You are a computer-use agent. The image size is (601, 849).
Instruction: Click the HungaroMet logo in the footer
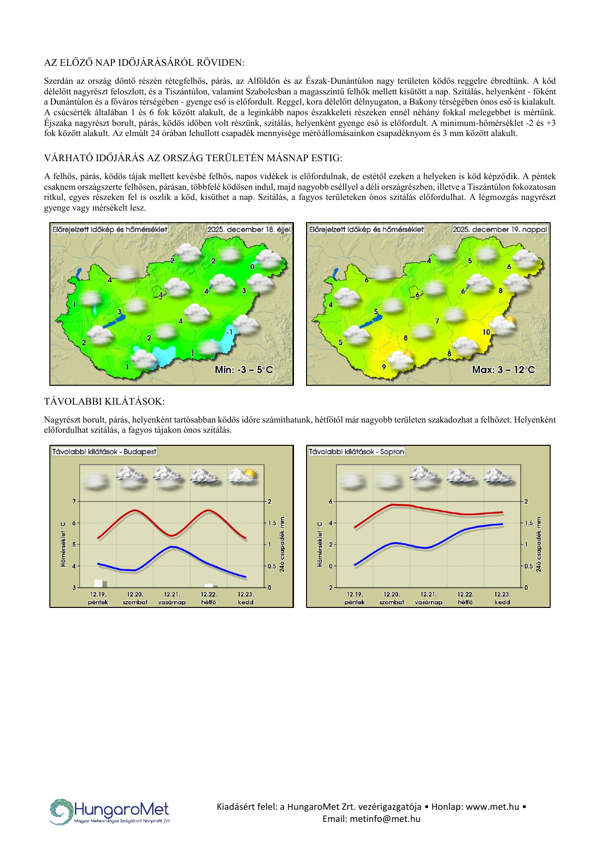pyautogui.click(x=110, y=812)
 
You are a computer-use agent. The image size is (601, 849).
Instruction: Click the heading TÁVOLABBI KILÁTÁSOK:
pyautogui.click(x=104, y=401)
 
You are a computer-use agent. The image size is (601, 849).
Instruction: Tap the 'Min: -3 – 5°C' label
pyautogui.click(x=244, y=370)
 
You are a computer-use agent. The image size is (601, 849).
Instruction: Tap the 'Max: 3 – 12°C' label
pyautogui.click(x=504, y=370)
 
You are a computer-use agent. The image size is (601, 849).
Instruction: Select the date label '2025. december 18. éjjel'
pyautogui.click(x=249, y=229)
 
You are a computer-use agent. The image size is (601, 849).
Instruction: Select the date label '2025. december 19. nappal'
pyautogui.click(x=500, y=229)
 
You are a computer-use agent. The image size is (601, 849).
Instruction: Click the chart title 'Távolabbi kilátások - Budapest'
pyautogui.click(x=105, y=452)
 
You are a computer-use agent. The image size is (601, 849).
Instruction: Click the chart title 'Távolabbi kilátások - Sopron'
pyautogui.click(x=356, y=452)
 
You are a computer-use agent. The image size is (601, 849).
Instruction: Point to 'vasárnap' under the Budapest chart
pyautogui.click(x=172, y=602)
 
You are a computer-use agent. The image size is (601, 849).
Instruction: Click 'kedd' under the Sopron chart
pyautogui.click(x=502, y=602)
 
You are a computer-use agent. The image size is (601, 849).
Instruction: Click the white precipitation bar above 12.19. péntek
pyautogui.click(x=98, y=583)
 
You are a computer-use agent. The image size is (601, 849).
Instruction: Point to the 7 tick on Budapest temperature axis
pyautogui.click(x=74, y=501)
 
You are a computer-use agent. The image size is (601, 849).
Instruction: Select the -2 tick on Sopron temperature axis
pyautogui.click(x=330, y=588)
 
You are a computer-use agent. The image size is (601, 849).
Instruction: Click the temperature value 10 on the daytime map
pyautogui.click(x=486, y=332)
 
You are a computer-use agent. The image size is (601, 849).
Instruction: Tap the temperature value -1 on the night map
pyautogui.click(x=230, y=332)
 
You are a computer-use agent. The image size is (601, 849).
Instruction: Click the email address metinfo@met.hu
pyautogui.click(x=371, y=819)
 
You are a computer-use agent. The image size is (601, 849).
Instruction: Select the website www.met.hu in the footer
pyautogui.click(x=493, y=807)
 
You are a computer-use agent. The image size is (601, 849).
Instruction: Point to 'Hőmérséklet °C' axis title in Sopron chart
pyautogui.click(x=320, y=544)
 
